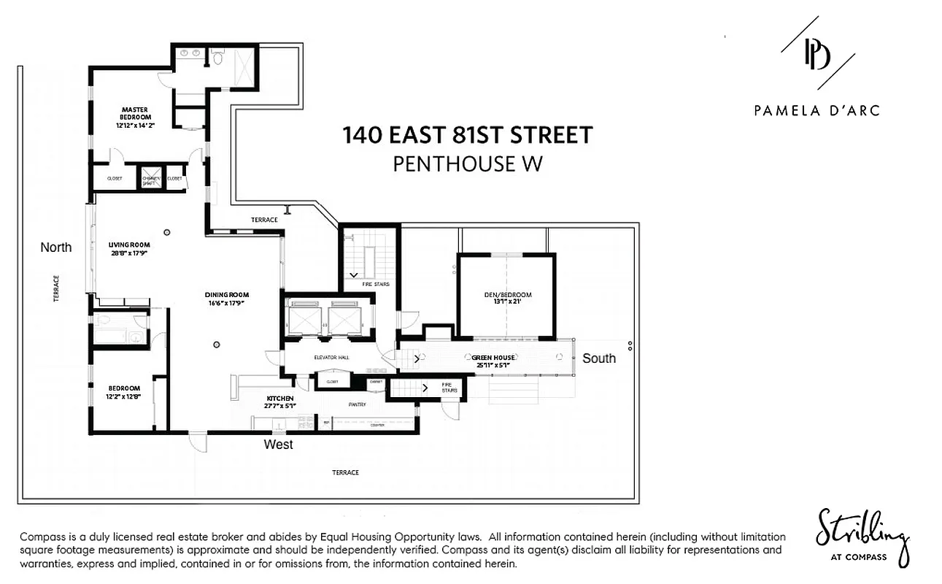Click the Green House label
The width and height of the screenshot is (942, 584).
(x=494, y=358)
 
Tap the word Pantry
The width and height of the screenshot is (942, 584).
(x=357, y=404)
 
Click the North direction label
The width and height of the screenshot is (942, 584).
(x=56, y=247)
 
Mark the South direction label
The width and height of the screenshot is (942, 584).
(x=599, y=358)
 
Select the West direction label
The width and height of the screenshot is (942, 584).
(x=279, y=445)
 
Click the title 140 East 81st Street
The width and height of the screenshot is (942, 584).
(x=468, y=135)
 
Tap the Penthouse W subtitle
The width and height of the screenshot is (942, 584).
(x=468, y=164)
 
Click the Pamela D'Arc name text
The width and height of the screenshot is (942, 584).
(x=816, y=111)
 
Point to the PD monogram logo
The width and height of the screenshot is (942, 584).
(x=816, y=55)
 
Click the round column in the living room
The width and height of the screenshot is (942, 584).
(x=167, y=232)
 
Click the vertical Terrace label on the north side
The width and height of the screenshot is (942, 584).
(x=56, y=288)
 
